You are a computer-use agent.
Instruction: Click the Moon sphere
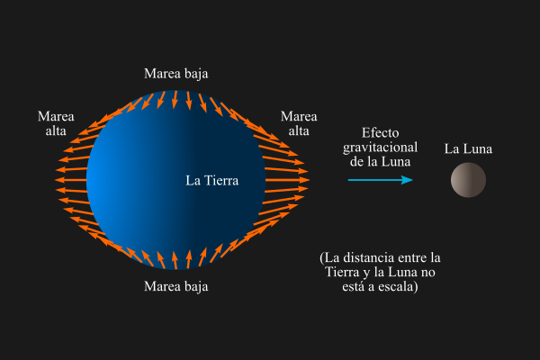click(468, 180)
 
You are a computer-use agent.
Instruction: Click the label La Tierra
click(211, 180)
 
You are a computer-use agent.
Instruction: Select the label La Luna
click(468, 148)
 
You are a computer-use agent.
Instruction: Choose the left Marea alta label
click(56, 124)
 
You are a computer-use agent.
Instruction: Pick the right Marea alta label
click(299, 124)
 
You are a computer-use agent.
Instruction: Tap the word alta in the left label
click(56, 131)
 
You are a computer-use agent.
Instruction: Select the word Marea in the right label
click(299, 117)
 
